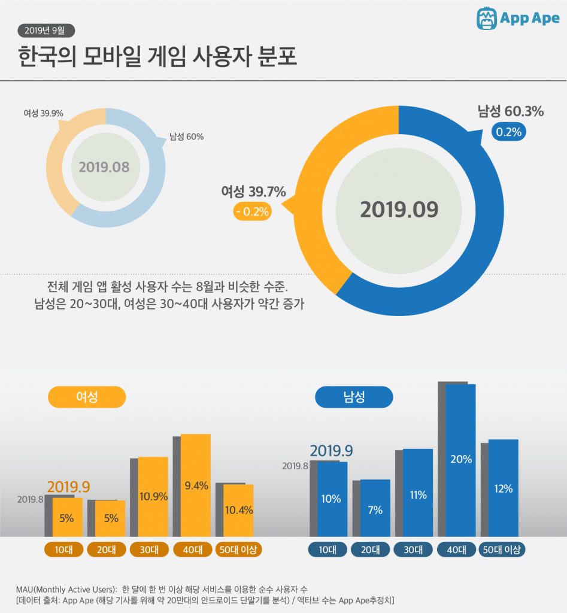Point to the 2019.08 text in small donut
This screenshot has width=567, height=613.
(x=104, y=166)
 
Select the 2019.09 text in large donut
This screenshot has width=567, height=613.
(x=399, y=210)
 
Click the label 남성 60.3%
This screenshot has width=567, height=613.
(x=510, y=111)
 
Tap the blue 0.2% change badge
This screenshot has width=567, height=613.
(x=508, y=131)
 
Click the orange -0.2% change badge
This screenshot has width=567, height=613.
(x=252, y=211)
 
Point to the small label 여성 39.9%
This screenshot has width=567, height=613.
(x=43, y=113)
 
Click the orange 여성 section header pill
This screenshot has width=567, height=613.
(x=87, y=397)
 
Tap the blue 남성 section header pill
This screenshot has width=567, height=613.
(x=354, y=396)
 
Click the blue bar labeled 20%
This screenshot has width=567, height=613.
(x=460, y=460)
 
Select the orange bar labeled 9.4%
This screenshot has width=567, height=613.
(x=196, y=485)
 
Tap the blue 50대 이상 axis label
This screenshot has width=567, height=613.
(x=503, y=550)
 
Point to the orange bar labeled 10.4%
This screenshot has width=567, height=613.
(x=238, y=510)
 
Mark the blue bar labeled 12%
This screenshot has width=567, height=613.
(x=504, y=488)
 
